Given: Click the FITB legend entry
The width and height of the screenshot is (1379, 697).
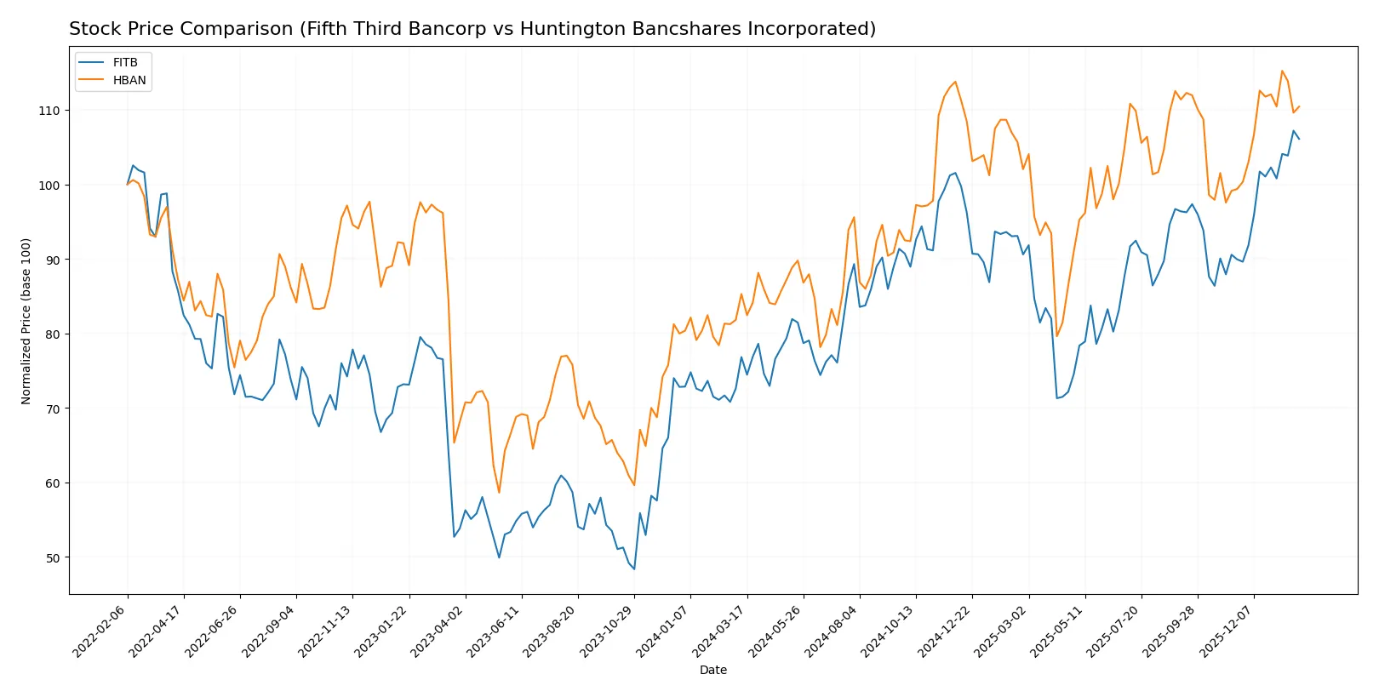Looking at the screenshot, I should pos(124,63).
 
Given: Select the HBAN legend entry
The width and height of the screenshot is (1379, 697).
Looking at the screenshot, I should pos(129,80).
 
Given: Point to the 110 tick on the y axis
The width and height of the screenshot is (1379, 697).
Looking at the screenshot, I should pos(49,111).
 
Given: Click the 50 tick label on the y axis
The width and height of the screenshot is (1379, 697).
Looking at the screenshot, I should pos(52,558).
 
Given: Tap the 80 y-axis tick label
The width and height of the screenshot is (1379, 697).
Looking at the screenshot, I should pos(52,334).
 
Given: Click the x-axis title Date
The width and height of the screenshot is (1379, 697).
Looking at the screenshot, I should pos(712,670).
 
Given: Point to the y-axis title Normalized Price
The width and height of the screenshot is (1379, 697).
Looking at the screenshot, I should pos(26,321).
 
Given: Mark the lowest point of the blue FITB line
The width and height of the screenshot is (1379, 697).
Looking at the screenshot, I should pos(634,568).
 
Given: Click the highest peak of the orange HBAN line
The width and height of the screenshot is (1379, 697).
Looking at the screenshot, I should pos(1282,71).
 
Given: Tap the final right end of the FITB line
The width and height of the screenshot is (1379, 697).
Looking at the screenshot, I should pos(1299,139).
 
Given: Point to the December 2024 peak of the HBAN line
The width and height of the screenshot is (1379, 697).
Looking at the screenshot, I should pos(955,82).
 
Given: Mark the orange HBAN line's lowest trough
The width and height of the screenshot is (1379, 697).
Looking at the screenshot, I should pos(499,493).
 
